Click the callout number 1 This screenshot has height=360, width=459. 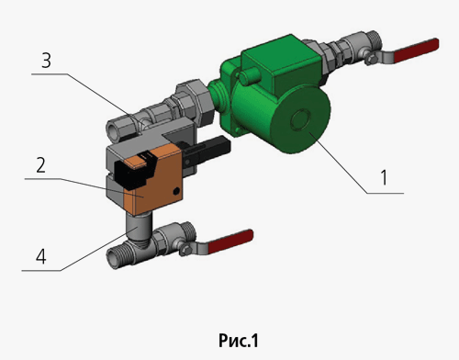pyautogui.click(x=385, y=177)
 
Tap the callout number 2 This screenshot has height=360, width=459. pyautogui.click(x=41, y=165)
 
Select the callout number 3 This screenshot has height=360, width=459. pyautogui.click(x=46, y=61)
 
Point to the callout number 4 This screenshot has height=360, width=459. pyautogui.click(x=41, y=256)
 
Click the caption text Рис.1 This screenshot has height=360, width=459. pyautogui.click(x=239, y=341)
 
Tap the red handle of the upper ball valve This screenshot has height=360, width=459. pyautogui.click(x=416, y=51)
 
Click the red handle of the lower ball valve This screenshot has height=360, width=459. pyautogui.click(x=230, y=242)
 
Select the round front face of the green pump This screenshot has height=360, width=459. pyautogui.click(x=300, y=120)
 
